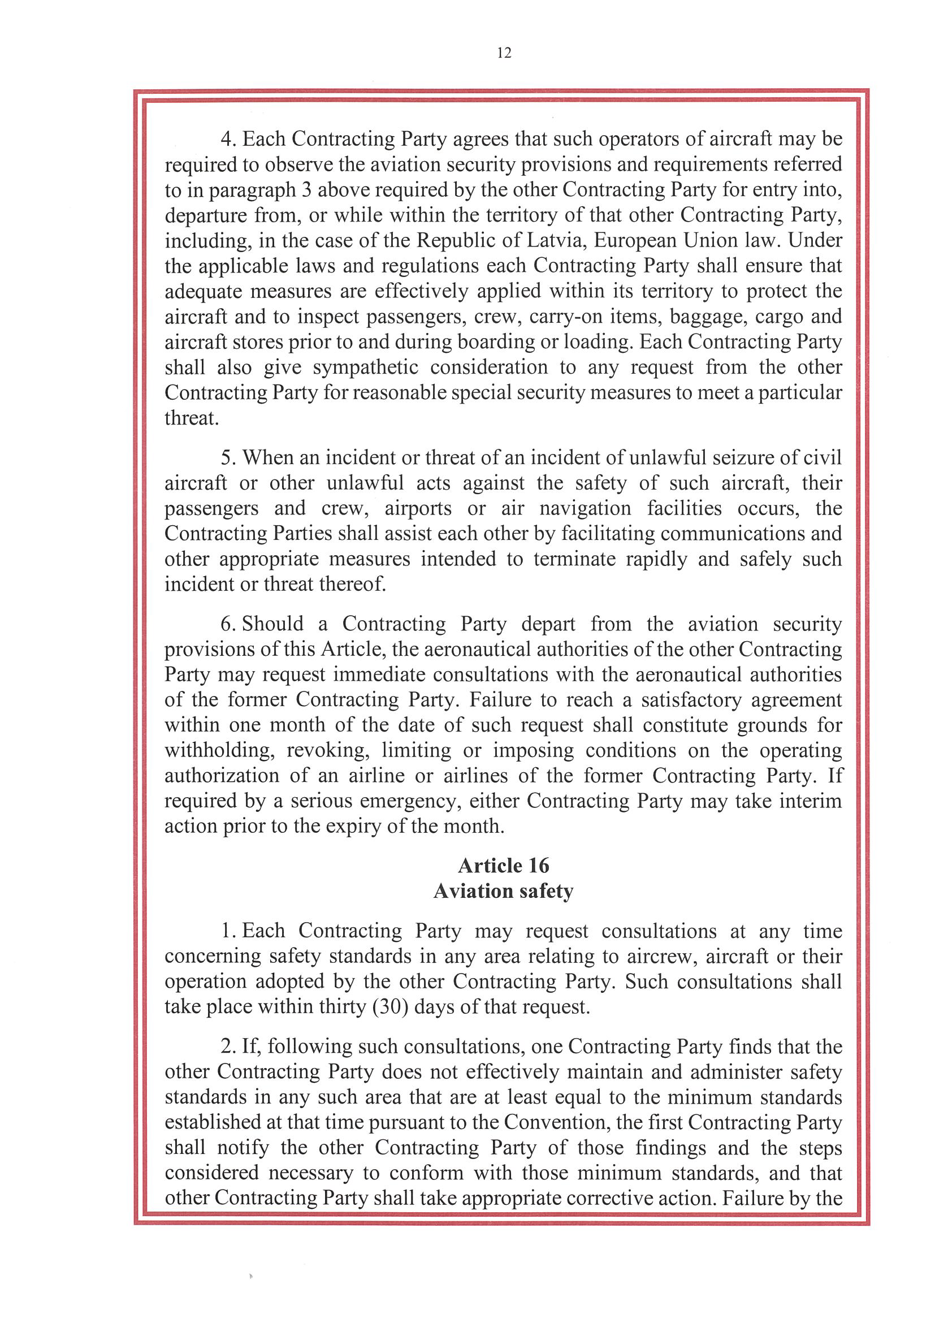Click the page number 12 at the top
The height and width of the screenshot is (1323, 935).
click(504, 53)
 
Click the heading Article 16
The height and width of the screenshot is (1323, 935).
click(504, 866)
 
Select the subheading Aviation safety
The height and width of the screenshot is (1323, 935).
click(504, 891)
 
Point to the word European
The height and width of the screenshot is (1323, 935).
click(634, 240)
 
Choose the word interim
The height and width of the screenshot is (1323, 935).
click(811, 801)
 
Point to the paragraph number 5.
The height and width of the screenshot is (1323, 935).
click(228, 457)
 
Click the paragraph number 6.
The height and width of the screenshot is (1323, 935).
click(228, 624)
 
